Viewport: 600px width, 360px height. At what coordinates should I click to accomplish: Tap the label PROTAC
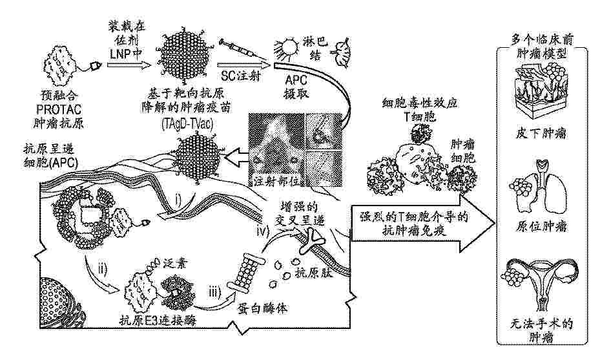point(59,109)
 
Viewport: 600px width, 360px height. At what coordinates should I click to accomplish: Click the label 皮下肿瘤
point(541,133)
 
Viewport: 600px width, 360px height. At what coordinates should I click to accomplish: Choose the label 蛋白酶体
point(263,308)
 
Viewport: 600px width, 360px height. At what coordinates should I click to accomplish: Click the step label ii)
point(103,268)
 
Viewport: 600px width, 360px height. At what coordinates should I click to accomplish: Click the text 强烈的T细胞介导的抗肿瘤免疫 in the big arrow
point(414,224)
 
